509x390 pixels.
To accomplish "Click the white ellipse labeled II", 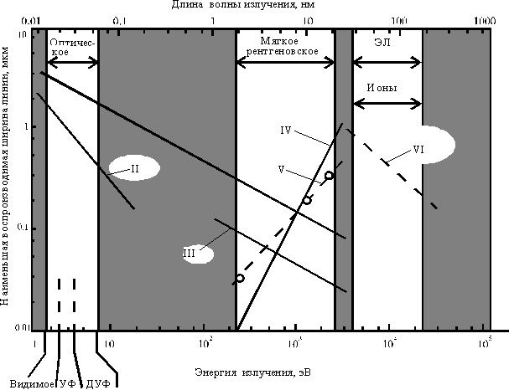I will [x=134, y=168].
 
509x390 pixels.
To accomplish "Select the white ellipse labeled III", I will [x=199, y=254].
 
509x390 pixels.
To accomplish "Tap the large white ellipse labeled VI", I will [x=422, y=146].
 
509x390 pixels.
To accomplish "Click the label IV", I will [x=286, y=131].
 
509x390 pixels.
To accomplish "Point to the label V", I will [x=282, y=170].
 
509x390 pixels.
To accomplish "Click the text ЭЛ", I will [x=382, y=42].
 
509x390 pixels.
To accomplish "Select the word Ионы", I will [x=382, y=88].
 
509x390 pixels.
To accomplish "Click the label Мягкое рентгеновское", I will [x=282, y=46].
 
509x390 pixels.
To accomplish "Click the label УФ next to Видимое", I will [x=68, y=383].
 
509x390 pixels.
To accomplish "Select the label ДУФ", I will [x=99, y=383].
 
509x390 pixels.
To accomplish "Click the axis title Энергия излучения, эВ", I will [x=254, y=372].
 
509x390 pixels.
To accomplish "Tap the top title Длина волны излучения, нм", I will [x=243, y=5].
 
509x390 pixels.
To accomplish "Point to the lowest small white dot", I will [x=240, y=278].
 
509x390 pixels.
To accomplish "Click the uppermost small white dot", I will [x=329, y=175].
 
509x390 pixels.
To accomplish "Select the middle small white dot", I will [x=307, y=200].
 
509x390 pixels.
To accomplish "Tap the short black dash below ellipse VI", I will [x=434, y=205].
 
